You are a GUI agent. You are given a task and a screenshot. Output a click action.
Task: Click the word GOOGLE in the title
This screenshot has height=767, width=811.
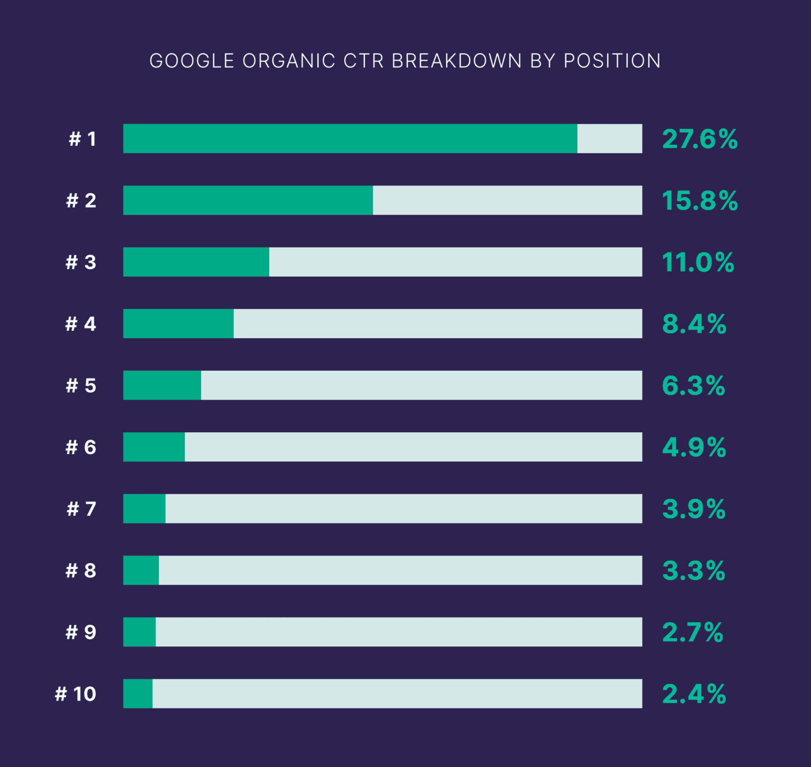click(x=191, y=61)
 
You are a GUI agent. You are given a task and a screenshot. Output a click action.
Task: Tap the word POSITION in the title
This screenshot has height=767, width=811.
click(x=612, y=61)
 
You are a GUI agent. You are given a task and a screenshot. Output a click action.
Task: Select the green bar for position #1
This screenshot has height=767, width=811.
click(x=350, y=139)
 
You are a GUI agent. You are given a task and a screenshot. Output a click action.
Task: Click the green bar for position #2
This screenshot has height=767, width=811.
click(x=248, y=200)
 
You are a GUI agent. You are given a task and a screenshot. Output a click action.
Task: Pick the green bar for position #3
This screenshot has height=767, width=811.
click(x=196, y=262)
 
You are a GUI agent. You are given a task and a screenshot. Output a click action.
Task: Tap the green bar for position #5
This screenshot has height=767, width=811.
click(x=162, y=385)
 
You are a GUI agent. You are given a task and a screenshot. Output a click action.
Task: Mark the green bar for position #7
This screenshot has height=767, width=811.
click(x=144, y=509)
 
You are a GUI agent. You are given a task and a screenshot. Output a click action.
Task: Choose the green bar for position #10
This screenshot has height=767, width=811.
click(x=138, y=694)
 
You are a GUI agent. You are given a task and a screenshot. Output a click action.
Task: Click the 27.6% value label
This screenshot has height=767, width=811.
click(x=699, y=139)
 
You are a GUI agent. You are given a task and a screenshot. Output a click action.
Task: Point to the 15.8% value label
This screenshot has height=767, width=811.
click(x=699, y=201)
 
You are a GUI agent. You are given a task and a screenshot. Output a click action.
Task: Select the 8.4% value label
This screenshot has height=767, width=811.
click(x=694, y=324)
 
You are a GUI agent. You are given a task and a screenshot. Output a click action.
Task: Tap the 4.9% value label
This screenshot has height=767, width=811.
click(x=694, y=447)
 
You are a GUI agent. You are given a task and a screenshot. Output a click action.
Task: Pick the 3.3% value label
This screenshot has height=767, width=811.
click(x=693, y=571)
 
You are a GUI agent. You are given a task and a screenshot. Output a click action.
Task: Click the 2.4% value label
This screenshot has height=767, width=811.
click(x=694, y=694)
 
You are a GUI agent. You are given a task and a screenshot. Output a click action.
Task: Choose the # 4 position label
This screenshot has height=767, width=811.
click(x=81, y=324)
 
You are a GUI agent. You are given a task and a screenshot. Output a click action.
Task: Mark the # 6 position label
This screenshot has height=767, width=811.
click(x=81, y=447)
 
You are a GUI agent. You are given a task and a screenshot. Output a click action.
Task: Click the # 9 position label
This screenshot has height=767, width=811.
click(x=81, y=632)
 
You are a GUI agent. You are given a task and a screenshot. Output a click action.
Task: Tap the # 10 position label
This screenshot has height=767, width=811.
click(x=75, y=694)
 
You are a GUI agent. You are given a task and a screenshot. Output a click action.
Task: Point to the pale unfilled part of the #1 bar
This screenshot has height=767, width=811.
click(x=609, y=139)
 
